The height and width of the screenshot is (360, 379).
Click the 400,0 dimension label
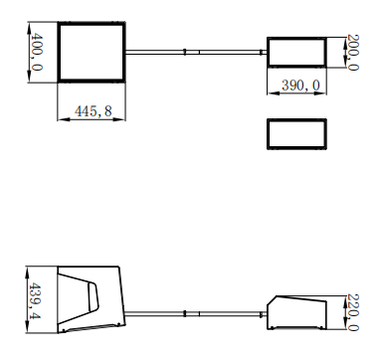coord(37,52)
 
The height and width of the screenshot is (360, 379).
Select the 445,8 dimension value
coord(94,111)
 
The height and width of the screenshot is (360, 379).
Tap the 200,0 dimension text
coord(352,52)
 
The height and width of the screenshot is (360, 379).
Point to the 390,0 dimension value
coord(301,86)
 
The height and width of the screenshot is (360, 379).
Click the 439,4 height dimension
coord(35,300)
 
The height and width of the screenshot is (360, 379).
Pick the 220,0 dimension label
coord(352,312)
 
